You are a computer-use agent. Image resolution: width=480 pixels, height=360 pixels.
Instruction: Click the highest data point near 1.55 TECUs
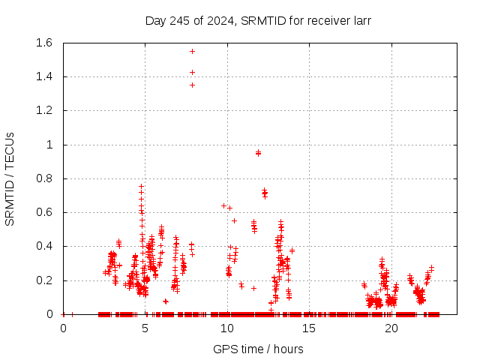pos(192,51)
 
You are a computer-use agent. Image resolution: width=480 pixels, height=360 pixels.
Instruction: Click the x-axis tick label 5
pos(145,328)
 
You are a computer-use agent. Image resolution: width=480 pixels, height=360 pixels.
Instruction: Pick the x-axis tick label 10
pos(227,328)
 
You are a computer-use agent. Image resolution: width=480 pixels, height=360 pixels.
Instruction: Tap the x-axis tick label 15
pos(310,328)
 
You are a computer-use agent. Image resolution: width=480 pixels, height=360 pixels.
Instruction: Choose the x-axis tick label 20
pos(391,328)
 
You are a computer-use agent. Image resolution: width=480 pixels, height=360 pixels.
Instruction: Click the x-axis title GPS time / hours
pos(258,349)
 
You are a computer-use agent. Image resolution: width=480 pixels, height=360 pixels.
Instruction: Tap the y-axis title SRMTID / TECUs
pos(10,178)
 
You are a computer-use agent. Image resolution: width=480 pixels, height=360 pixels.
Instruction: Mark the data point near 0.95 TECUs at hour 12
pos(258,152)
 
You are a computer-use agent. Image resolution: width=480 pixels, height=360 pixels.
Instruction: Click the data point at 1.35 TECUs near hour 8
pos(192,85)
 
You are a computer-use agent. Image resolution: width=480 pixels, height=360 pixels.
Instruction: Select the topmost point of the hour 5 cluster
pos(141,186)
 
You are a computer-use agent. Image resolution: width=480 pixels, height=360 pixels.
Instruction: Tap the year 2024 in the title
pos(219,20)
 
